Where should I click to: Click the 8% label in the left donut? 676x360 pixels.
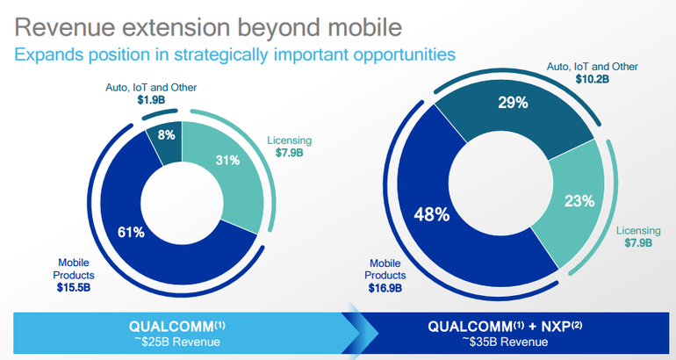coord(166,135)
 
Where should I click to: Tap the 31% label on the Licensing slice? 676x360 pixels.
coord(227,161)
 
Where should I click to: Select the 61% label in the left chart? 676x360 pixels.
coord(131,233)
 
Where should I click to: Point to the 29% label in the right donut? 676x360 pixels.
coord(513,103)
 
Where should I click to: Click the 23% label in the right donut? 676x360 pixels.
coord(579,201)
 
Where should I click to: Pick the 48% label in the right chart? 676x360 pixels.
coord(432,214)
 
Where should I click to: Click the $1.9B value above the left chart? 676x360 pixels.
coord(151,100)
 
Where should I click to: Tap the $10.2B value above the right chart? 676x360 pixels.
coord(592,79)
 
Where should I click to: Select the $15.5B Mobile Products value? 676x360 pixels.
coord(74,288)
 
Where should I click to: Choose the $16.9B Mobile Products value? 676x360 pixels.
coord(385,288)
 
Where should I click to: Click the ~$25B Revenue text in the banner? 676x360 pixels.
coord(176,342)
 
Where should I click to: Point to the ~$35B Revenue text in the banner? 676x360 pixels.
coord(505,342)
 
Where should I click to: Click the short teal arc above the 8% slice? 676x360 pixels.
coord(160,114)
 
